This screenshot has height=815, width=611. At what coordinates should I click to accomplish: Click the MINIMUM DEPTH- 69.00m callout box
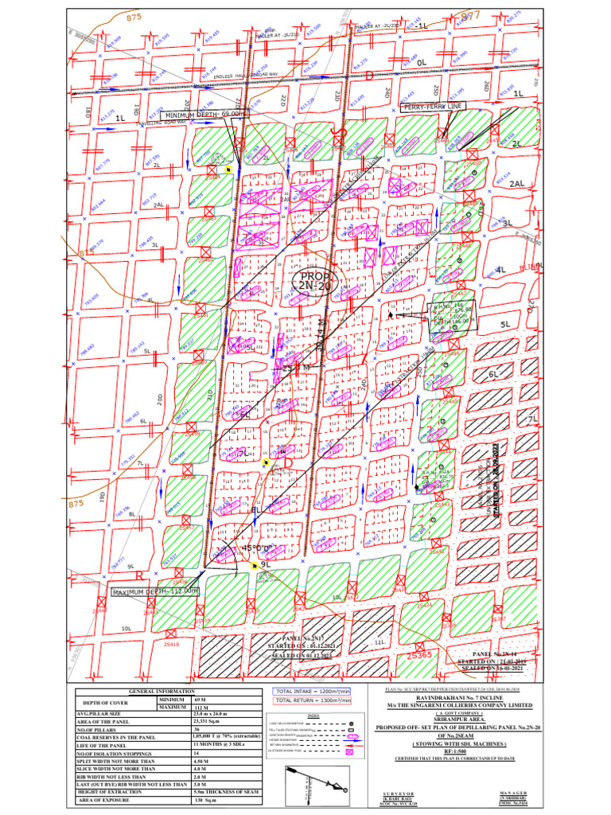click(202, 115)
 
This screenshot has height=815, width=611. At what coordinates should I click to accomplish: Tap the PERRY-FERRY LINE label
click(432, 106)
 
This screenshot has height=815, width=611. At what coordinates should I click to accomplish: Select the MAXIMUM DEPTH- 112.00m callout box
click(154, 592)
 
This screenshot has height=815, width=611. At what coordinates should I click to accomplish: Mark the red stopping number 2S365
click(418, 655)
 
